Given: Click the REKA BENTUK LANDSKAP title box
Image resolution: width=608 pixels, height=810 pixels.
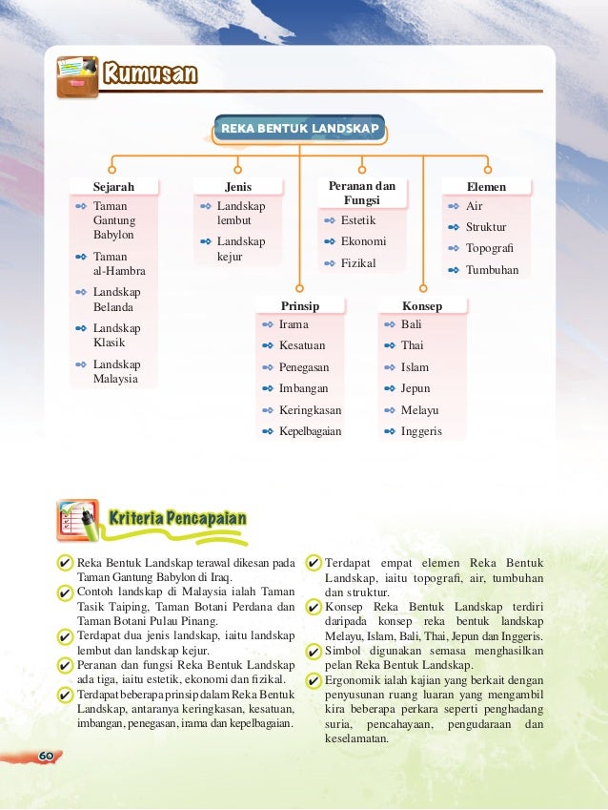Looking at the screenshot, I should tap(299, 128).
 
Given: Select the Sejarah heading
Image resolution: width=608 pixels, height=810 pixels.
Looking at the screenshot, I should tap(113, 186).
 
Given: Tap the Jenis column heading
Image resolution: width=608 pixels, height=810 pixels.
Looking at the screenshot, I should tap(237, 186).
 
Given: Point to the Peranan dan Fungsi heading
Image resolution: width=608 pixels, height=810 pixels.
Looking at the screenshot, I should tap(361, 193).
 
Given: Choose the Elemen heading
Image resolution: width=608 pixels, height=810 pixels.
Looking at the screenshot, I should tap(486, 186).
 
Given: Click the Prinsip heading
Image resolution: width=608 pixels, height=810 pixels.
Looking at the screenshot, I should tap(299, 306).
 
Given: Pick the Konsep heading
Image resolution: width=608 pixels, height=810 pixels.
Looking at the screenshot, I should tap(421, 306).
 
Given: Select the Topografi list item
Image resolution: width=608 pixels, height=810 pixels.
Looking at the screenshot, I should tap(486, 248).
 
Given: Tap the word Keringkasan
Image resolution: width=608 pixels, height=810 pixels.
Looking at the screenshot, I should tap(310, 410).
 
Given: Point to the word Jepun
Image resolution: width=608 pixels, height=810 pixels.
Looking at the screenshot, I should tap(415, 388).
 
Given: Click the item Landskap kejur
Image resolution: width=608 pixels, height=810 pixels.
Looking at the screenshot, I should tap(241, 249).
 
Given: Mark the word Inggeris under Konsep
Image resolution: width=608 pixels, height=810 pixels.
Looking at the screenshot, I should tap(421, 431).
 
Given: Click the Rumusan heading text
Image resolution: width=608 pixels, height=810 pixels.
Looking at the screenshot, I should tap(151, 73).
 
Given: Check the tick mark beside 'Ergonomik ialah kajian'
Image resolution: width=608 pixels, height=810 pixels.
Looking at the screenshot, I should tap(314, 680).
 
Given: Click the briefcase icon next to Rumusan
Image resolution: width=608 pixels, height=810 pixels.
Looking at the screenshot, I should tap(76, 76).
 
